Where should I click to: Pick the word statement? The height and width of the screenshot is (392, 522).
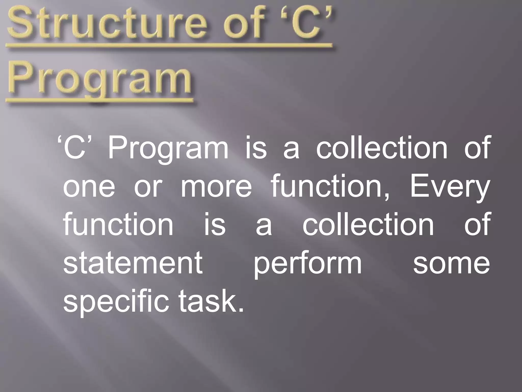coord(133,263)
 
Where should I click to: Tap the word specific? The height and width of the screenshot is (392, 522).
coord(116,302)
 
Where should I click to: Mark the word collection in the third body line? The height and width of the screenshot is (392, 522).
coord(368,225)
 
